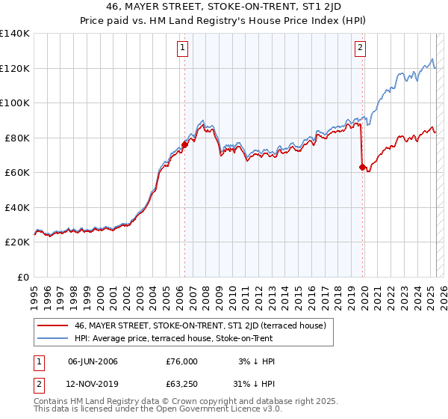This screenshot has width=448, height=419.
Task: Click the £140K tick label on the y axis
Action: pos(15,34)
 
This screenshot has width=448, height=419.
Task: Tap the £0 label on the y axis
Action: pos(23,277)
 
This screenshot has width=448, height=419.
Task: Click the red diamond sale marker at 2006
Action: pos(184,144)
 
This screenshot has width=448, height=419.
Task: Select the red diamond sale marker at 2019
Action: pos(362,167)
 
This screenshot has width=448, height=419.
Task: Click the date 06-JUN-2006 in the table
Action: pos(93,361)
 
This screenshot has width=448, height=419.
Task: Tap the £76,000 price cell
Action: pos(181,361)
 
